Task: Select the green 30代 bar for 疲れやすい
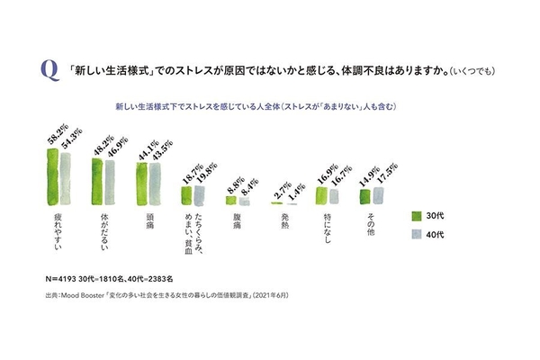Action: click(52, 178)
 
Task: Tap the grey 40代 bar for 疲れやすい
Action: click(65, 180)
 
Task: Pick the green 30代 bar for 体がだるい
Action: click(98, 183)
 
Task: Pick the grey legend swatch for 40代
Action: click(418, 234)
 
